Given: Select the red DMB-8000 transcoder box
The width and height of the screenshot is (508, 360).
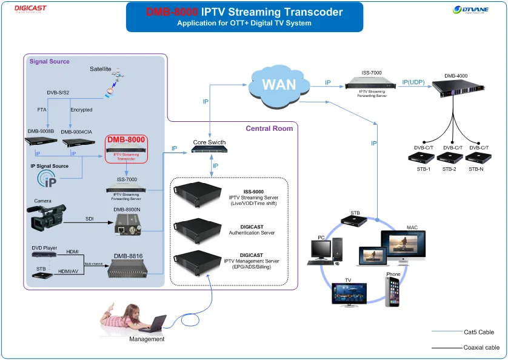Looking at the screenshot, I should click(126, 148).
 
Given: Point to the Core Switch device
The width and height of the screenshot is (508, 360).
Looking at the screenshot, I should click(209, 150).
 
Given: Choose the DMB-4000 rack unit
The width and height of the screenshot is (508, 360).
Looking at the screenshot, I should click(458, 90).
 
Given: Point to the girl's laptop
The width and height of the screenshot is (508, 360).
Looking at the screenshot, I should click(156, 323).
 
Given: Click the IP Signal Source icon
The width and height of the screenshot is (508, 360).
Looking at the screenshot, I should click(48, 178).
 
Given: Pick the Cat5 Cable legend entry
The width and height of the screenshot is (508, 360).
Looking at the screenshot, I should click(479, 332).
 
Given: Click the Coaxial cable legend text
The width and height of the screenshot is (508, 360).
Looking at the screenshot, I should click(481, 348).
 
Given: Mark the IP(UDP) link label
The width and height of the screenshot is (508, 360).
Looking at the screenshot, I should click(413, 82).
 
